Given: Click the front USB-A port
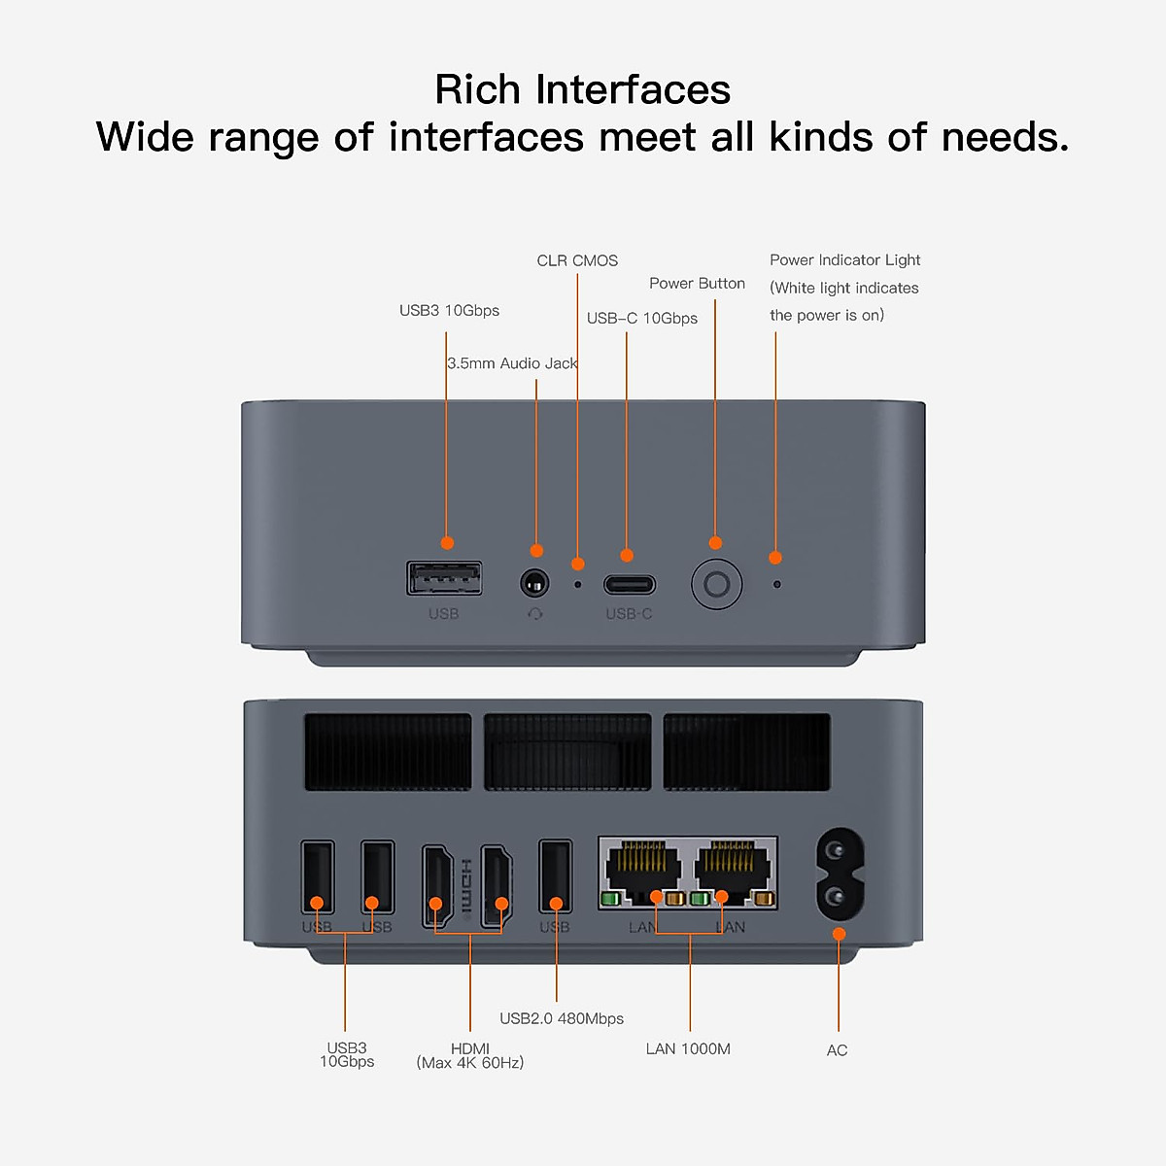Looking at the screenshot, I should pyautogui.click(x=444, y=579).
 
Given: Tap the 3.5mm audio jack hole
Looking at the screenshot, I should pyautogui.click(x=534, y=584).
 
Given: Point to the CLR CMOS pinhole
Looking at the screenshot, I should pyautogui.click(x=578, y=585).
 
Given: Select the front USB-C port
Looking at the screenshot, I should pyautogui.click(x=629, y=585).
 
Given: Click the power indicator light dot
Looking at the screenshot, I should pyautogui.click(x=776, y=585).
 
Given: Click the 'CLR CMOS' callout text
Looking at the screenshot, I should pyautogui.click(x=577, y=260).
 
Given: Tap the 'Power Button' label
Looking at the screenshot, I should pyautogui.click(x=697, y=284).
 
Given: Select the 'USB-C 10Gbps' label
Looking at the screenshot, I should pyautogui.click(x=641, y=319).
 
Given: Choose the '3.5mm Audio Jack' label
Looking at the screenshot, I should pyautogui.click(x=512, y=363).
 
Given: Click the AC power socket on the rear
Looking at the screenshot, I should pyautogui.click(x=839, y=874).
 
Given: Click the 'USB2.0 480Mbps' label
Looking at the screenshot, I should pyautogui.click(x=562, y=1018).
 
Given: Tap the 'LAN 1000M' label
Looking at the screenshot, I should pyautogui.click(x=688, y=1049).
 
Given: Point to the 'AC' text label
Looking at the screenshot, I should pyautogui.click(x=837, y=1050).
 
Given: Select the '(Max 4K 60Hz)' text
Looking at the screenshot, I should pyautogui.click(x=470, y=1063).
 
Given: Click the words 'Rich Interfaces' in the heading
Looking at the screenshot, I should pyautogui.click(x=583, y=89).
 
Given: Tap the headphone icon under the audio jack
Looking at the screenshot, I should pyautogui.click(x=535, y=614).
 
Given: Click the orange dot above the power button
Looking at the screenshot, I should pyautogui.click(x=715, y=543).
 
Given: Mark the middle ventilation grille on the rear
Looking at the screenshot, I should pyautogui.click(x=567, y=752).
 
